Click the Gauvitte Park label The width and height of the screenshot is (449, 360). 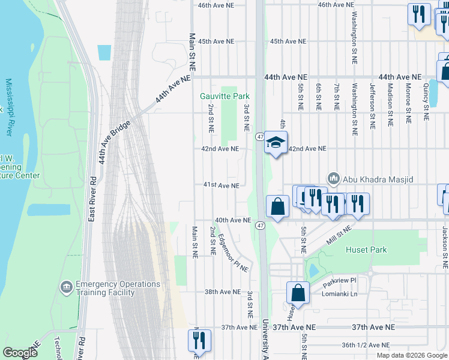pyautogui.click(x=224, y=96)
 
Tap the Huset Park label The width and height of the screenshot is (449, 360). pyautogui.click(x=366, y=250)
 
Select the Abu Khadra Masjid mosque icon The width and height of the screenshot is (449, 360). pyautogui.click(x=334, y=179)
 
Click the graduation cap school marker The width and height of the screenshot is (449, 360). pyautogui.click(x=276, y=143)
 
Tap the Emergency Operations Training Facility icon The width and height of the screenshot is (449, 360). pyautogui.click(x=67, y=288)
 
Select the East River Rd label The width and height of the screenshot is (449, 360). pyautogui.click(x=92, y=199)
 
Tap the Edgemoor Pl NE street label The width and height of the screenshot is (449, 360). pyautogui.click(x=234, y=253)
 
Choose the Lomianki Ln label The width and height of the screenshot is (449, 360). pyautogui.click(x=340, y=290)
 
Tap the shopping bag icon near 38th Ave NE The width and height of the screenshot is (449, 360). pyautogui.click(x=298, y=293)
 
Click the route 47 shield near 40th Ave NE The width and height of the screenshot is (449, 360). pyautogui.click(x=260, y=226)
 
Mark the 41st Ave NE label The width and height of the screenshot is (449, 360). pyautogui.click(x=221, y=185)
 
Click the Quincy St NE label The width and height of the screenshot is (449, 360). pyautogui.click(x=426, y=101)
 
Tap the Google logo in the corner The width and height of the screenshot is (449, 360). pyautogui.click(x=20, y=353)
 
